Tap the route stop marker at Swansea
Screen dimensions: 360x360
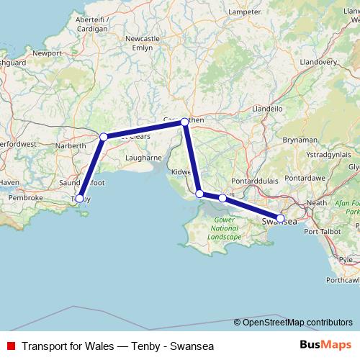pyautogui.click(x=280, y=217)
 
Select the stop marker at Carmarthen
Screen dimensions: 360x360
pyautogui.click(x=184, y=122)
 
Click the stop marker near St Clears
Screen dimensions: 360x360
pyautogui.click(x=104, y=136)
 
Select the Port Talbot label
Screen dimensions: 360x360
pyautogui.click(x=322, y=232)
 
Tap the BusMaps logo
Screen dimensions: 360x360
pyautogui.click(x=325, y=345)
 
